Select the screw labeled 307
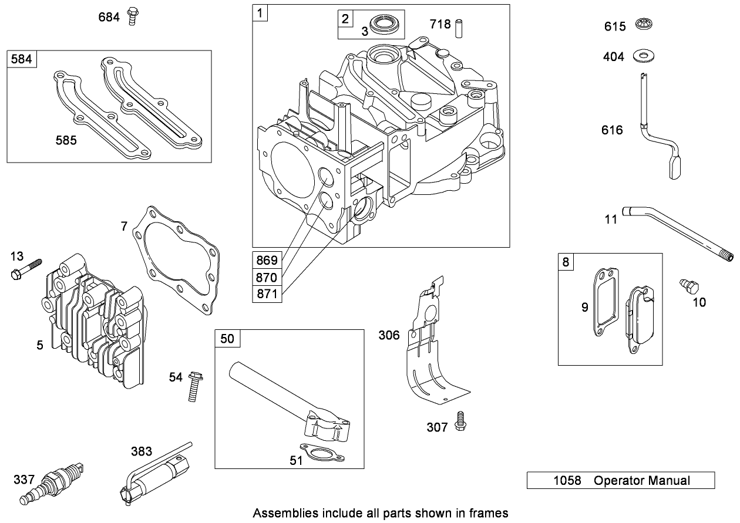click(x=462, y=421)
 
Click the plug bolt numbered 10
click(x=689, y=287)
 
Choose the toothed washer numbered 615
click(x=645, y=26)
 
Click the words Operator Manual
click(x=642, y=481)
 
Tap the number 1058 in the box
click(x=567, y=481)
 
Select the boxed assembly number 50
click(x=227, y=338)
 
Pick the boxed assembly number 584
click(x=22, y=59)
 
